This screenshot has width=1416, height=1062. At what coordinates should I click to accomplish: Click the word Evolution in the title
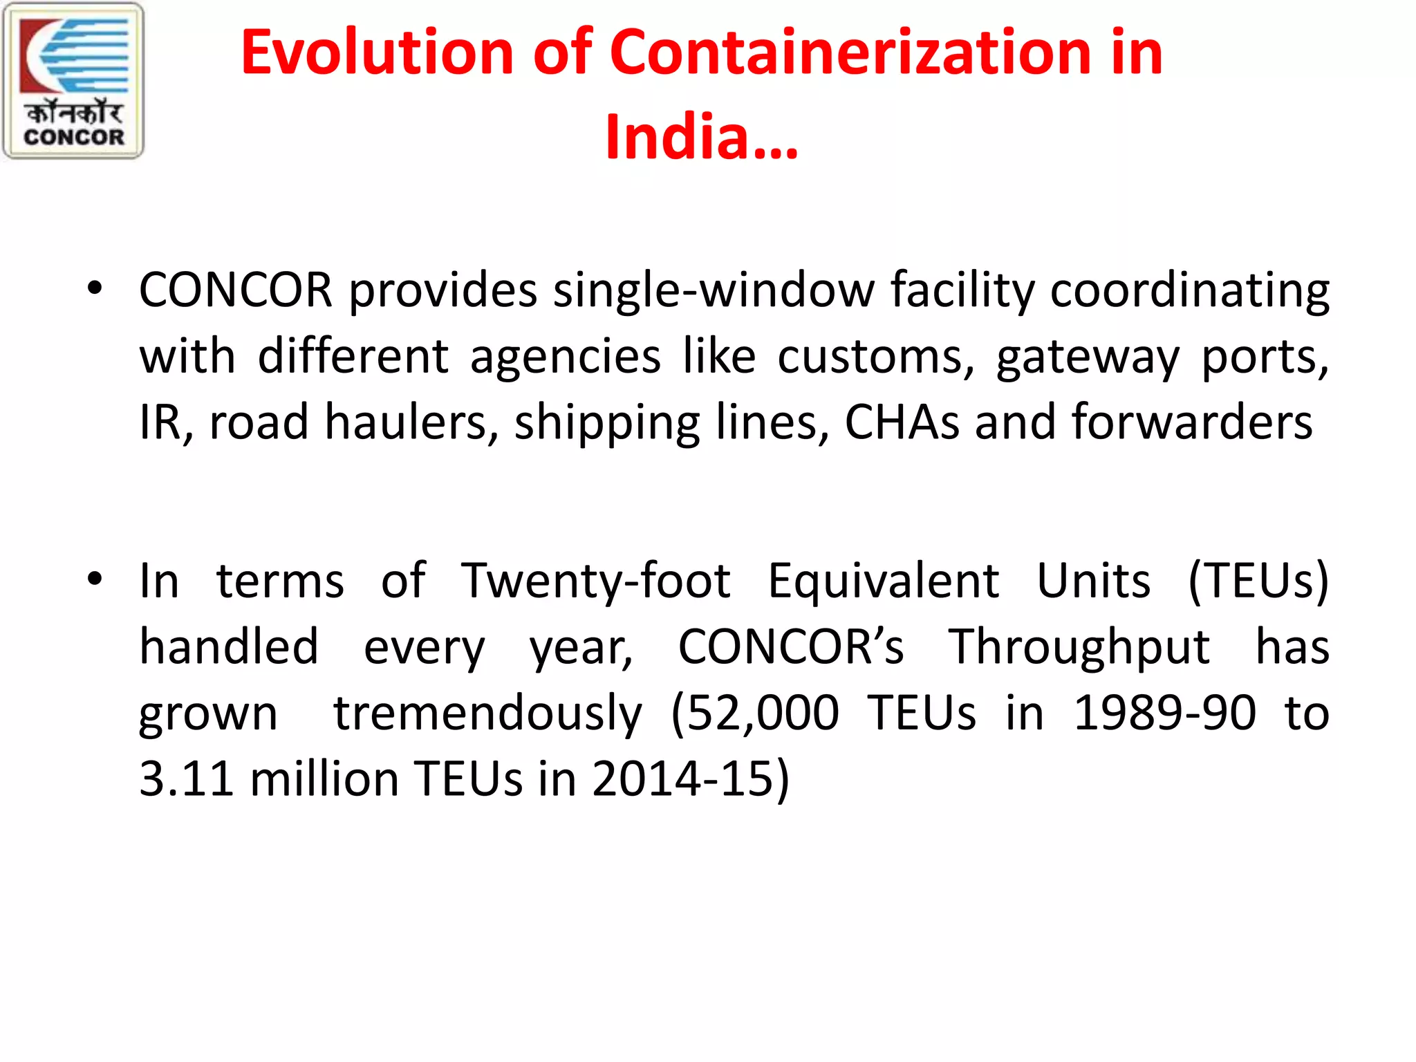coord(377,53)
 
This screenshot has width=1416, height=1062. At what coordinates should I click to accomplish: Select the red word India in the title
coord(678,137)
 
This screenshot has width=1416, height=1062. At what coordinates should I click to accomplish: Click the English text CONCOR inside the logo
coord(74,137)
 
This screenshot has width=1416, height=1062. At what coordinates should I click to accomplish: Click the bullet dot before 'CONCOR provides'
coord(95,288)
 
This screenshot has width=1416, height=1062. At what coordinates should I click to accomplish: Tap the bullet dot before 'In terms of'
coord(95,578)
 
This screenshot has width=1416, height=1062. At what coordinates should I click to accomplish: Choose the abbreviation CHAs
coord(902,422)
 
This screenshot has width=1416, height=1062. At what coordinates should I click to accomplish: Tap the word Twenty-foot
coord(596,581)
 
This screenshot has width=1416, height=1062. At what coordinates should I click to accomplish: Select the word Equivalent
coord(883,581)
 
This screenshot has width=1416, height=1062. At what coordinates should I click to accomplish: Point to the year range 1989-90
coord(1164,712)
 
